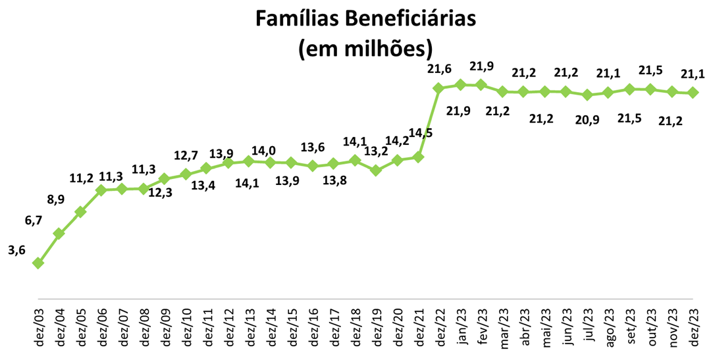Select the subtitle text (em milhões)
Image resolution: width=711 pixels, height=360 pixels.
(x=365, y=48)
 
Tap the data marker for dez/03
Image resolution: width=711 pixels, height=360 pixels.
(x=38, y=263)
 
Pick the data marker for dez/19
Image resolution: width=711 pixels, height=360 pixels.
(x=376, y=170)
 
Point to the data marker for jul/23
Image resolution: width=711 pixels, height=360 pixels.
(x=587, y=95)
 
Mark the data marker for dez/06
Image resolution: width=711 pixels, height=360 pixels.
(x=101, y=190)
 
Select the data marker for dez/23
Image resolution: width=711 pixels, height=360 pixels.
(x=693, y=93)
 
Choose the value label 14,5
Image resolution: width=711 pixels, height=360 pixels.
(x=421, y=133)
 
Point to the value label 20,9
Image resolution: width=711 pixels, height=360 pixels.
(x=587, y=119)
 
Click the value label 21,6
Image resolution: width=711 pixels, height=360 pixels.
(x=439, y=68)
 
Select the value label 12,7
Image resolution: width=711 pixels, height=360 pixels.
(x=186, y=155)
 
